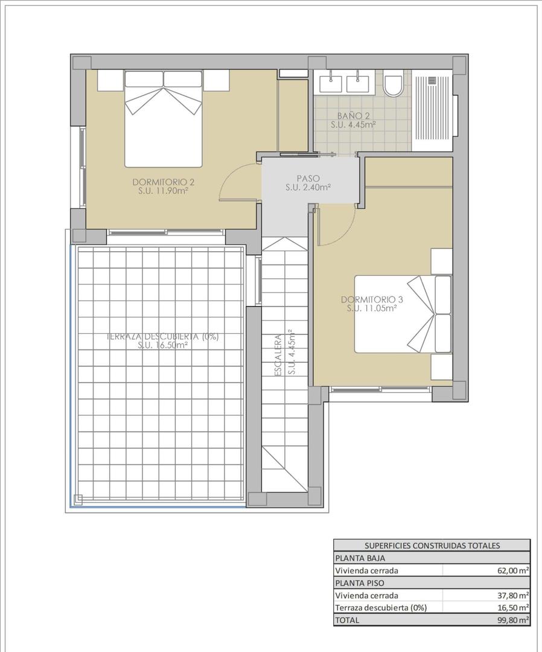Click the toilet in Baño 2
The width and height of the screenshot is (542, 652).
394,85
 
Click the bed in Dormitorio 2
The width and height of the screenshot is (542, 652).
163,118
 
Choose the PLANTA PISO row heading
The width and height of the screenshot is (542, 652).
359,583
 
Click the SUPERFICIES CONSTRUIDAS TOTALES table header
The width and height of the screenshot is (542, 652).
432,546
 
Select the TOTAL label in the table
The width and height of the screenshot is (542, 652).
347,620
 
